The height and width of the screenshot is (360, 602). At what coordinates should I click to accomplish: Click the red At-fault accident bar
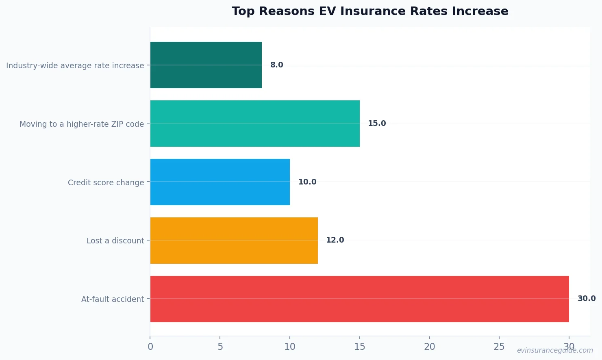(359, 299)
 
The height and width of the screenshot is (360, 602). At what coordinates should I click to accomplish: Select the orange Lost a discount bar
(234, 241)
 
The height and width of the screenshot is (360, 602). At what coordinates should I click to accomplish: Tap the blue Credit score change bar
(220, 182)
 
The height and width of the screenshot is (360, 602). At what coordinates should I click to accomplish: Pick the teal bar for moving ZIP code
(255, 124)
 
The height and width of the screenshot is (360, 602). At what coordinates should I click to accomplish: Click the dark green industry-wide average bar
(206, 65)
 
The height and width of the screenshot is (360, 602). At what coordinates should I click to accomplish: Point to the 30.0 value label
(586, 299)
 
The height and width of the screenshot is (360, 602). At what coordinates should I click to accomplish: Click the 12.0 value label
(335, 240)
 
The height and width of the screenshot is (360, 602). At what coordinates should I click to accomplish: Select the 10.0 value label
(307, 182)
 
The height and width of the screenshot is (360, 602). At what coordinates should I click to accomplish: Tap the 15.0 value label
(376, 124)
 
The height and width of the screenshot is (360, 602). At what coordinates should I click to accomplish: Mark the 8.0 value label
(276, 65)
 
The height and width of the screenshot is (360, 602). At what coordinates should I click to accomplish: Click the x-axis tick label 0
(150, 347)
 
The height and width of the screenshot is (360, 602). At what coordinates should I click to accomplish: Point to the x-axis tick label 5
(220, 347)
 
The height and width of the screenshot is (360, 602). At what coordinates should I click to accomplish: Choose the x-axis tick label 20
(429, 347)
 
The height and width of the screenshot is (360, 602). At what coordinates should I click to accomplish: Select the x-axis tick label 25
(499, 347)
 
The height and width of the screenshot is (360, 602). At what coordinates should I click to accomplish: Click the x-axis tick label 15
(359, 347)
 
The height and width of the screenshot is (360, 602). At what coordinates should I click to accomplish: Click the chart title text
(369, 11)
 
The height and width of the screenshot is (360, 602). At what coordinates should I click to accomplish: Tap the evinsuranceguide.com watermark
(554, 350)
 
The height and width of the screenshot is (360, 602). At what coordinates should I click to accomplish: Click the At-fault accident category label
(113, 299)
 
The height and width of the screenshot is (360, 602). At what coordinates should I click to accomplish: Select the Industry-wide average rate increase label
(75, 65)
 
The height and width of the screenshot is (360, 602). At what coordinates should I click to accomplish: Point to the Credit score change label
(106, 182)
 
